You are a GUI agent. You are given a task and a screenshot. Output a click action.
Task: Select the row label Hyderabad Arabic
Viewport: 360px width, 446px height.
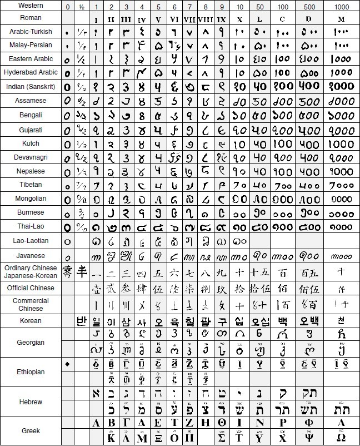31,72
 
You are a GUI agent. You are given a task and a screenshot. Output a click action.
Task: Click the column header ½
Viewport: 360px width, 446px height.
82,6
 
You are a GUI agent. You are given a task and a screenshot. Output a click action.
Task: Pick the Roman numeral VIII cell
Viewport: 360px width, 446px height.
206,18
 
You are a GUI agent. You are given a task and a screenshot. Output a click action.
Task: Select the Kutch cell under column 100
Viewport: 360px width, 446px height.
283,143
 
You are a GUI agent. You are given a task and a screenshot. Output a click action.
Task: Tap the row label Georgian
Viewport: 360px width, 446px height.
31,343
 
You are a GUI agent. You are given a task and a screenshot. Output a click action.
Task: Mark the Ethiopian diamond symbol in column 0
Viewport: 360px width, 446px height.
68,364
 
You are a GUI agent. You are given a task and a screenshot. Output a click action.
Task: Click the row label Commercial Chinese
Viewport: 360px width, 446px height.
31,304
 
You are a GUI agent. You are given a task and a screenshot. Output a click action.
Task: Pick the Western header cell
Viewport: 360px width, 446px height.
31,6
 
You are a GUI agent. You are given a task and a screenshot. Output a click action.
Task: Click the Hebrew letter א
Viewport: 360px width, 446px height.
96,394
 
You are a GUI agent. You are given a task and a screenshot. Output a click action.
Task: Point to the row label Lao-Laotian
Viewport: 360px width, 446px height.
31,241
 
